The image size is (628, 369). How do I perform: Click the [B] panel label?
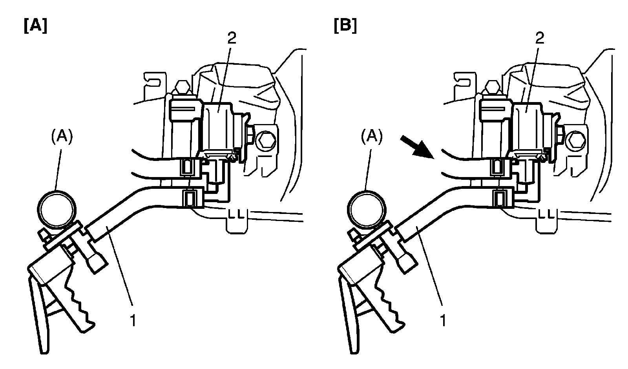coord(345,26)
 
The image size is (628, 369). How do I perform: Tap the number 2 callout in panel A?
coord(232,38)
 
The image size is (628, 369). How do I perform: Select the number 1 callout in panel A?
coord(133,321)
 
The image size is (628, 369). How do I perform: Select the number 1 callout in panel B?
coord(443,321)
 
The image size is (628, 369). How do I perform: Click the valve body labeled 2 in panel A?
coord(218,126)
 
